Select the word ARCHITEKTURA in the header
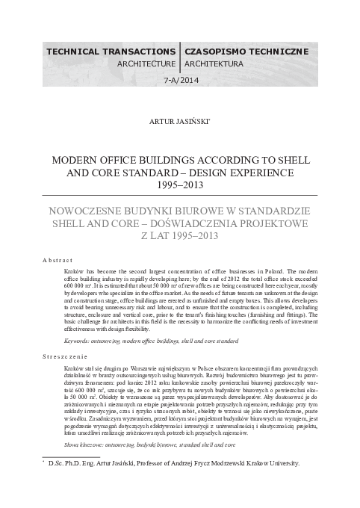211,64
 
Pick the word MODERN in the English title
69,160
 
